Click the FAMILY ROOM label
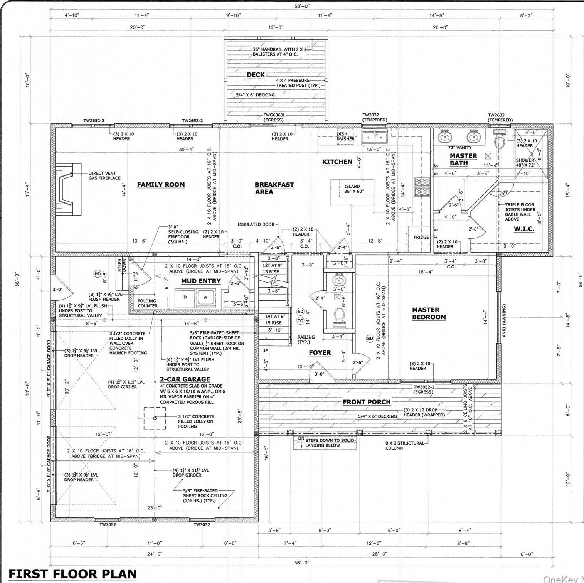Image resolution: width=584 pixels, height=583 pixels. [161, 185]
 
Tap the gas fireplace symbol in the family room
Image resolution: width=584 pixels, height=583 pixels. [69, 189]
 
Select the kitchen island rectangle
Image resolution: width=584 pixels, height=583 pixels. [353, 189]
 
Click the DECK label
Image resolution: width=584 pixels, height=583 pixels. [256, 74]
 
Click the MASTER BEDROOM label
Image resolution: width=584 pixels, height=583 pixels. [429, 313]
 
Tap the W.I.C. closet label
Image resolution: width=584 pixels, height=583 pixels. [524, 229]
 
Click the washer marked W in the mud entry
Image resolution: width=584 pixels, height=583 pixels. [205, 297]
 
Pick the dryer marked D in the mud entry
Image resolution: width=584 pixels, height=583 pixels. [185, 297]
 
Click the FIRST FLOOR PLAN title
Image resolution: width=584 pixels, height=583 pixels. [72, 573]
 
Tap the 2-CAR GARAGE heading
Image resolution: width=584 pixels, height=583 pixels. [185, 379]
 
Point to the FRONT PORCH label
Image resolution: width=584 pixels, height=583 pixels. [367, 402]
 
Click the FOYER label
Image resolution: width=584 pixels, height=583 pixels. [320, 352]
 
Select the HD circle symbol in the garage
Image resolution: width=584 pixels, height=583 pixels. [98, 274]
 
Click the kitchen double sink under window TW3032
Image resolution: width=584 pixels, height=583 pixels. [374, 136]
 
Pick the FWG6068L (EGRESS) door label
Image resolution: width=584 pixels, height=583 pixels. [274, 117]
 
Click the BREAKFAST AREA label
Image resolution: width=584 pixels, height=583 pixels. [274, 188]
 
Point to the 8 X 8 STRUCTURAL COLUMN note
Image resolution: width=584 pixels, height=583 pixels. [404, 445]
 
